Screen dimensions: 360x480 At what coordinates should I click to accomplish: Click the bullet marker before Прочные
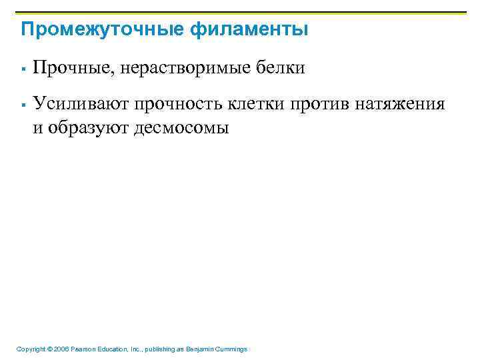pyautogui.click(x=23, y=69)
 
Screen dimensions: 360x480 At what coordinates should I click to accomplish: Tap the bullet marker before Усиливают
pyautogui.click(x=23, y=105)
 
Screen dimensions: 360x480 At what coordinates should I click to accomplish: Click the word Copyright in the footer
pyautogui.click(x=31, y=349)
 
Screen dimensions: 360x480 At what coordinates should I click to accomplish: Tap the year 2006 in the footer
pyautogui.click(x=61, y=349)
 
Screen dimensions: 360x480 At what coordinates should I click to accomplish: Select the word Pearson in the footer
pyautogui.click(x=85, y=349)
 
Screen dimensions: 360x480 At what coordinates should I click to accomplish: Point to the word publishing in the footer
pyautogui.click(x=155, y=349)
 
